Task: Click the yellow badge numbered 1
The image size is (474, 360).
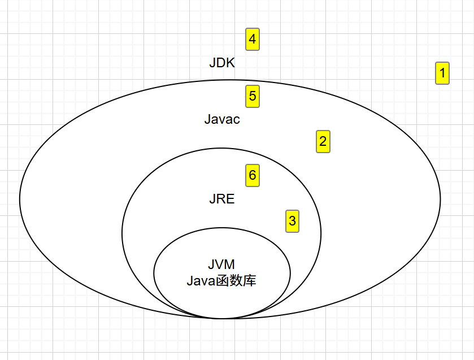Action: [442, 73]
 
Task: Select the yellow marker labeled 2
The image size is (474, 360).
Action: [323, 141]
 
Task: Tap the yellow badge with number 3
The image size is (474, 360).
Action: [292, 221]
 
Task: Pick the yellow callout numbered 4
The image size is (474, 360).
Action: [253, 40]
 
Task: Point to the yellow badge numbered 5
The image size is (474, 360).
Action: [253, 96]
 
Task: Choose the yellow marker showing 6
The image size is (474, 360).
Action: [253, 175]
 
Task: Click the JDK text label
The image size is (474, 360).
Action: [222, 63]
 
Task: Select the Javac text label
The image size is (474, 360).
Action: [222, 119]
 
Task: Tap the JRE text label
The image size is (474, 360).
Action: [222, 199]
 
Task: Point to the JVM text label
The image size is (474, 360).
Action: [221, 264]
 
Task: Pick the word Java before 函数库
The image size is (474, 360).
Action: [201, 280]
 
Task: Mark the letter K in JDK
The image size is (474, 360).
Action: [231, 63]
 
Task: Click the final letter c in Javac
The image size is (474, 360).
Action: [237, 120]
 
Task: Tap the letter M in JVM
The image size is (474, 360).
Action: [230, 264]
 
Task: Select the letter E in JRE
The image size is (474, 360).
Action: [231, 199]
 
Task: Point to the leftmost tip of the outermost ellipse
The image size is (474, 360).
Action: [20, 199]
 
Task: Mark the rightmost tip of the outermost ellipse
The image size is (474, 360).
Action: [440, 199]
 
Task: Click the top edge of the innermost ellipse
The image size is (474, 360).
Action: [222, 228]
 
